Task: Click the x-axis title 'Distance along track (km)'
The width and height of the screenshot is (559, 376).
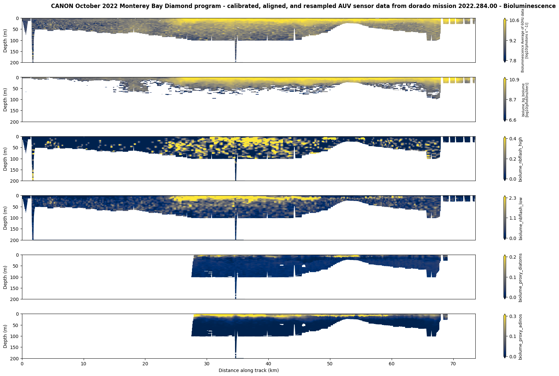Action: tap(248, 370)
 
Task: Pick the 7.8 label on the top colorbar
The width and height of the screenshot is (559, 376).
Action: tap(513, 61)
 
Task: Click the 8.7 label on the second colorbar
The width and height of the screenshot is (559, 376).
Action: tap(513, 100)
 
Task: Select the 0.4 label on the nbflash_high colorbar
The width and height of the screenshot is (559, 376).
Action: tap(513, 139)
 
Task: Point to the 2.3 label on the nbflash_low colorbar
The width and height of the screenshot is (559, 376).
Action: tap(513, 198)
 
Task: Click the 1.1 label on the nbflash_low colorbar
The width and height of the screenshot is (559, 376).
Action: tap(513, 218)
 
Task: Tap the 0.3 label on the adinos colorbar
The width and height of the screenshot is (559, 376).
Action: tap(513, 316)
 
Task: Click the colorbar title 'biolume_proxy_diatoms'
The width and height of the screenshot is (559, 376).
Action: tap(521, 277)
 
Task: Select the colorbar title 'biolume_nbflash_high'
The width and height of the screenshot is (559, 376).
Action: tap(521, 159)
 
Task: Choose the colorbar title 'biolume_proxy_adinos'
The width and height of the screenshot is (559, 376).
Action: tap(521, 337)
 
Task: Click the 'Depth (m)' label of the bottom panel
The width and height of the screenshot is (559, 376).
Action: tap(5, 336)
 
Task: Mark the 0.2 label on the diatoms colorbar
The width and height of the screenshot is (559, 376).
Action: tap(513, 257)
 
